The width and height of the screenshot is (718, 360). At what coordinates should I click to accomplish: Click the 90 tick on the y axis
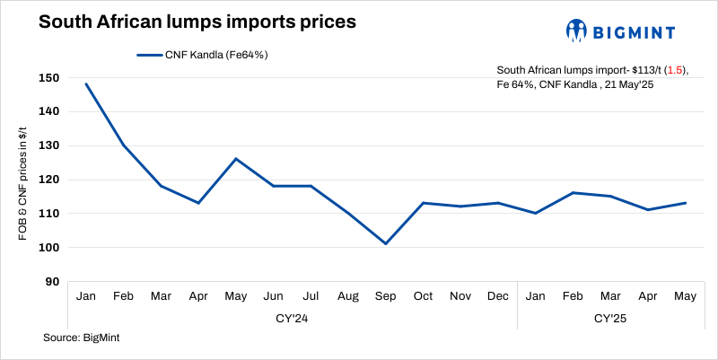tap(53, 282)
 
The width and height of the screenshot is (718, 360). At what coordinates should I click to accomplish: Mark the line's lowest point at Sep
tap(385, 243)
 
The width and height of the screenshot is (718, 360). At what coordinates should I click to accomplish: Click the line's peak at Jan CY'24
tap(86, 83)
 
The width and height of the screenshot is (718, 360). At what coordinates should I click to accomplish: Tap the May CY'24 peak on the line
tap(235, 159)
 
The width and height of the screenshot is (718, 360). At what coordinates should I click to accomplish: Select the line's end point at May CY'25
tap(686, 203)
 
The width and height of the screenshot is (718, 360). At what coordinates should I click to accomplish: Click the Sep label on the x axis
tap(385, 296)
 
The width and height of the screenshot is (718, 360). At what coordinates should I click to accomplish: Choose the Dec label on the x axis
tap(498, 296)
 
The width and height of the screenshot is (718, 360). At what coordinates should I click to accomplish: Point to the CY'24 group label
tap(293, 317)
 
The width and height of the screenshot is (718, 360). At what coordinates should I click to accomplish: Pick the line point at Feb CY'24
tap(124, 145)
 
